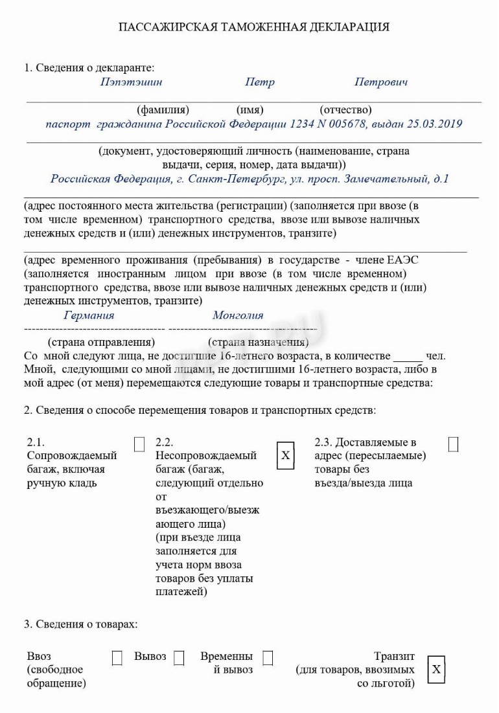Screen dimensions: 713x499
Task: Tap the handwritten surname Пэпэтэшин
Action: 131,82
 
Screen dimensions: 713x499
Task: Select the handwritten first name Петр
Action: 259,82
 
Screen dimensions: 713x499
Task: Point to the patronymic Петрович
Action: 380,82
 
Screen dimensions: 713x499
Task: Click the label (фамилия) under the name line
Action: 163,110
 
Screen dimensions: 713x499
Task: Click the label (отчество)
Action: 345,110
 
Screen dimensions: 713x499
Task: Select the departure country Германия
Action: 89,315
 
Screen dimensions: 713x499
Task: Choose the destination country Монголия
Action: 238,315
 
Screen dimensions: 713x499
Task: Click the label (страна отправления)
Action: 101,342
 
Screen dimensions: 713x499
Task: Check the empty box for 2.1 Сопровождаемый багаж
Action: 139,445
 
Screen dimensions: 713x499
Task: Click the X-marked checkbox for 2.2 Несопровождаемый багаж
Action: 285,455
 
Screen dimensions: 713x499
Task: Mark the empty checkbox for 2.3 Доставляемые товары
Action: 453,445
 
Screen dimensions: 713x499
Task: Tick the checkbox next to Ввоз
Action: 117,658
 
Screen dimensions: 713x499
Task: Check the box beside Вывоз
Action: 179,658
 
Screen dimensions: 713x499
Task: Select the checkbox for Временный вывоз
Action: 268,658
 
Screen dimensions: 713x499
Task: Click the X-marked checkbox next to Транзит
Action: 436,669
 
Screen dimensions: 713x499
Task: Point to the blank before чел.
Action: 408,356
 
